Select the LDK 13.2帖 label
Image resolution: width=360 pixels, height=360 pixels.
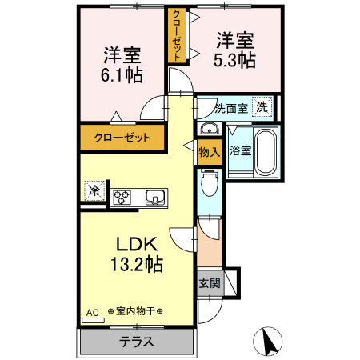click(142, 254)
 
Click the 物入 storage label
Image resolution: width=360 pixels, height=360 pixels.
click(209, 150)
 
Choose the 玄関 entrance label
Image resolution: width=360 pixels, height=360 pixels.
click(210, 282)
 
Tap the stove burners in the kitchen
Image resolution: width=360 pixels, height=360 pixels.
click(122, 197)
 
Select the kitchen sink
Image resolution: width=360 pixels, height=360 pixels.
click(154, 197)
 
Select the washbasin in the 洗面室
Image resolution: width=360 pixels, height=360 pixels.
click(209, 130)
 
